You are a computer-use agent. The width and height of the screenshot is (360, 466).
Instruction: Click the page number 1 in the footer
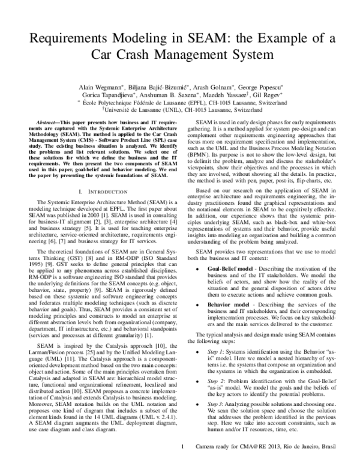tap(182, 458)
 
